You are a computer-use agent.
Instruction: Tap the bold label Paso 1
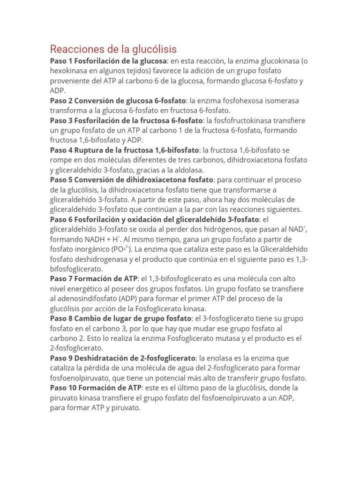click(61, 61)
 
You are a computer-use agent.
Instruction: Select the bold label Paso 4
click(61, 150)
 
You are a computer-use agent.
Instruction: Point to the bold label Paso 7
click(61, 279)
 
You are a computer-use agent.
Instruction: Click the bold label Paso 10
click(63, 388)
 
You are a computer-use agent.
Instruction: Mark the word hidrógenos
click(235, 229)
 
